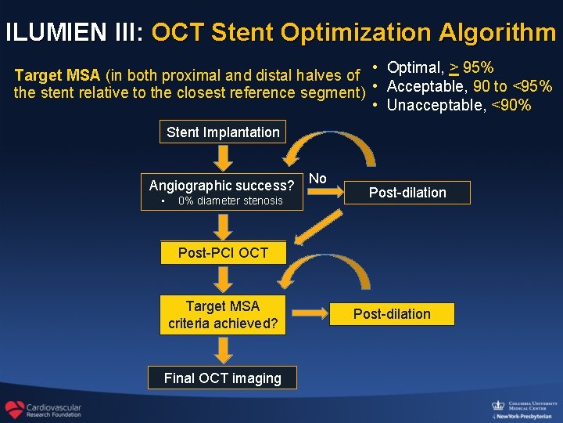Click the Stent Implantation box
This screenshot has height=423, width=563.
click(x=223, y=132)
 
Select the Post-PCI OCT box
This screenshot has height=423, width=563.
click(x=223, y=253)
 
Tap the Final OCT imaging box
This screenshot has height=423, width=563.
click(x=223, y=378)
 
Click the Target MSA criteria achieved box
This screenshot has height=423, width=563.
click(x=223, y=314)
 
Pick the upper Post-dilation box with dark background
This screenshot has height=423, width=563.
click(x=407, y=193)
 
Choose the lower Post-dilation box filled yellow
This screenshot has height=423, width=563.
click(x=392, y=314)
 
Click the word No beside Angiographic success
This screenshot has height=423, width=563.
click(x=317, y=179)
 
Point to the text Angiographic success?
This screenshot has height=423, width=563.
click(x=222, y=186)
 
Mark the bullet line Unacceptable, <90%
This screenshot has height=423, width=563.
click(x=458, y=105)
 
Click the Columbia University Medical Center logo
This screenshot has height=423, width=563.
click(x=522, y=407)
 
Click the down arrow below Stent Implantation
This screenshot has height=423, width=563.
click(x=224, y=158)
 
